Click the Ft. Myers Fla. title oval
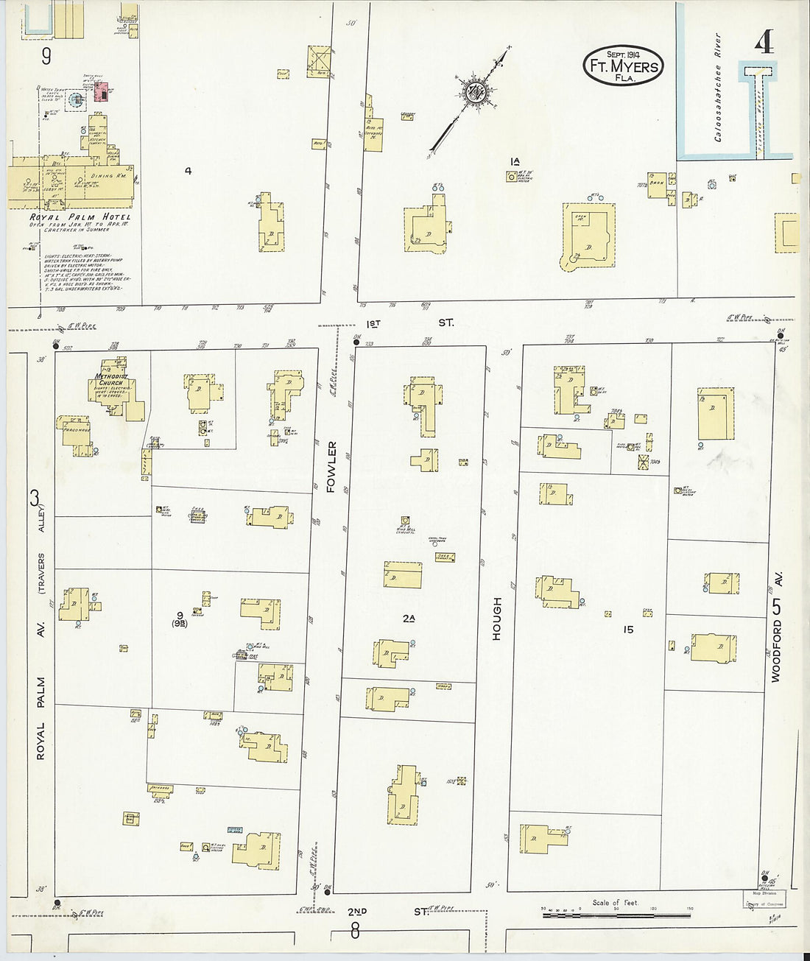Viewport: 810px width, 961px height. click(x=623, y=66)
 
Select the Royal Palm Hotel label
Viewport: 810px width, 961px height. click(x=80, y=217)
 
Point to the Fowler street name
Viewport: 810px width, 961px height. click(x=331, y=467)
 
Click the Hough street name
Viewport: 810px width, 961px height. click(x=497, y=618)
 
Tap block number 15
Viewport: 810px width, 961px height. click(x=627, y=630)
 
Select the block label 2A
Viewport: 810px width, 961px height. click(x=408, y=619)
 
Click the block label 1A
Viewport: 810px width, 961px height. click(x=515, y=161)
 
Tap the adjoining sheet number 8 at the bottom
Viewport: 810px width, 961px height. click(x=355, y=932)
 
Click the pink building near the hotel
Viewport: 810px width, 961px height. click(x=104, y=93)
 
